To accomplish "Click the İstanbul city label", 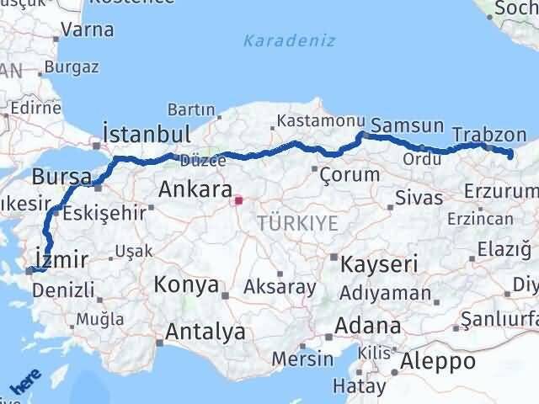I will pos(145,135).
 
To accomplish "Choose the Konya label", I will pos(186,284).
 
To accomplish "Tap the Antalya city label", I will pos(205,331).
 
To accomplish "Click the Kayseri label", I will pos(378,264).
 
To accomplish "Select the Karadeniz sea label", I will pos(289,40).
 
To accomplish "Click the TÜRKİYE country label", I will pos(297,223).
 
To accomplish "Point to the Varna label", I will pos(88,30).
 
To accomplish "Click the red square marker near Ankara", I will pos(238,200).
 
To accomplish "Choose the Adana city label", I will pos(367,326).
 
